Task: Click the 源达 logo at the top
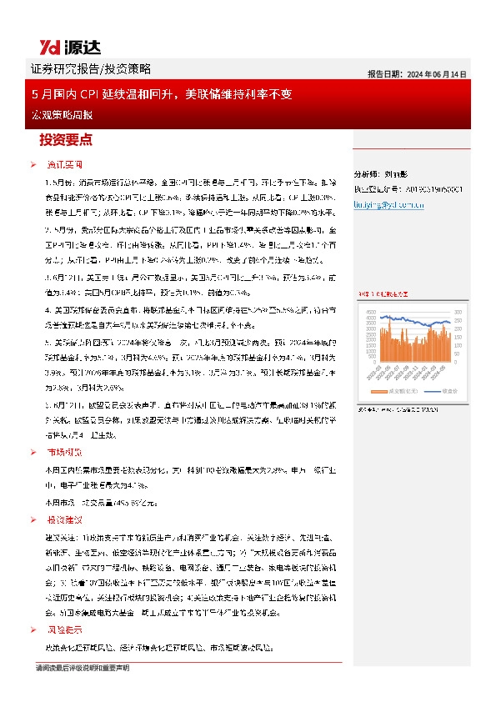[x=60, y=45]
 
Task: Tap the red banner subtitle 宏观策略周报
[x=53, y=113]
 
